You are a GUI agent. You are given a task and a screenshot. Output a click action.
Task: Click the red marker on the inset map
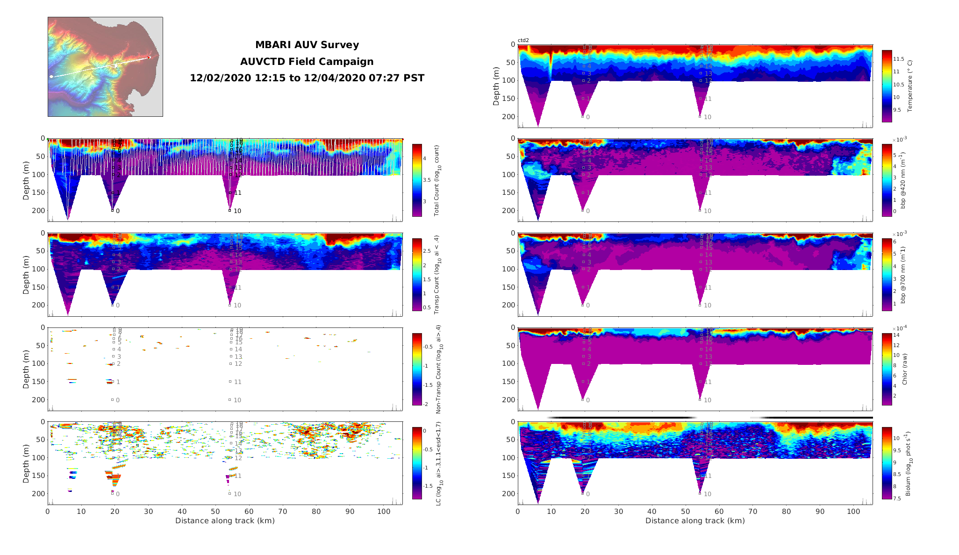149,57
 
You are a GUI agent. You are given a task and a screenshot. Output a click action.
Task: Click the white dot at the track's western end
51,77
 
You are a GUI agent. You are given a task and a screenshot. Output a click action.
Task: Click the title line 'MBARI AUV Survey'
307,45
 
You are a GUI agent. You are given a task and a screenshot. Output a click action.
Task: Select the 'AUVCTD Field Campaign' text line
307,62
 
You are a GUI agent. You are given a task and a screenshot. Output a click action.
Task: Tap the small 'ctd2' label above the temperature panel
523,41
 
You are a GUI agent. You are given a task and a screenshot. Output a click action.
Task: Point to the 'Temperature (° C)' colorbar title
909,86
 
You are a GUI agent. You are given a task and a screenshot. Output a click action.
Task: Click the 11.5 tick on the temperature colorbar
898,59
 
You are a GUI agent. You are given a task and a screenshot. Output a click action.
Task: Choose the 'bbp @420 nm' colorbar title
902,180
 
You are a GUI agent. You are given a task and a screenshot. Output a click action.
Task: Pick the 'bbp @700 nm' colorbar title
902,275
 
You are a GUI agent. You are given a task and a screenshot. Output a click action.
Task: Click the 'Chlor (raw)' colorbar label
904,369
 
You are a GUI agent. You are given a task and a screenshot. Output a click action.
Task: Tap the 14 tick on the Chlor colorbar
896,335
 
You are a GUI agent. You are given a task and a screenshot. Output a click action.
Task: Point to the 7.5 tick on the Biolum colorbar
897,498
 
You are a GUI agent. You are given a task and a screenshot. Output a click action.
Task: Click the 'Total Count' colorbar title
437,180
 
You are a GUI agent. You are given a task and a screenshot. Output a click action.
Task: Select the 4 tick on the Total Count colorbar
424,159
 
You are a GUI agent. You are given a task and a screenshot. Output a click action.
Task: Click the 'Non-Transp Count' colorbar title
438,369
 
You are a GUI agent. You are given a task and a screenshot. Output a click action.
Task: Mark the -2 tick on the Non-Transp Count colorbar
426,404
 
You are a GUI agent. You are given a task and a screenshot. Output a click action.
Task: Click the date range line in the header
307,78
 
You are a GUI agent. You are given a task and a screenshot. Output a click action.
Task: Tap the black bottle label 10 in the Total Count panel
237,211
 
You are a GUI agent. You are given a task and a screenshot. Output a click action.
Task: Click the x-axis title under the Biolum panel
694,521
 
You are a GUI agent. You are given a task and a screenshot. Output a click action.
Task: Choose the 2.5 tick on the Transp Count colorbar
426,251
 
